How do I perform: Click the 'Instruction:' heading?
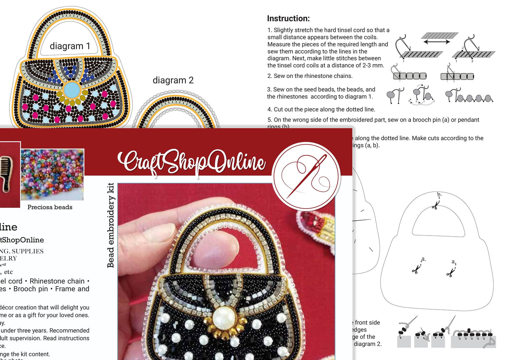point(288,19)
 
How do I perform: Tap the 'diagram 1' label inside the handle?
point(70,46)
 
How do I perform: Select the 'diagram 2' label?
point(173,80)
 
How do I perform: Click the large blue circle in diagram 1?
point(72,90)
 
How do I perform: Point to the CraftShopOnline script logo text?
point(192,162)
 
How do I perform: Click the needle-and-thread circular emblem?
point(306,176)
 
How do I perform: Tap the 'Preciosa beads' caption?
point(50,207)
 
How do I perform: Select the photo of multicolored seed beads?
point(52,174)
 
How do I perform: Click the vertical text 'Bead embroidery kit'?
point(111,225)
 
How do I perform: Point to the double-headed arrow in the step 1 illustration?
point(436,42)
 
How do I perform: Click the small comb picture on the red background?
point(5,174)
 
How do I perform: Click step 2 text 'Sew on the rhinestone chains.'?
point(313,76)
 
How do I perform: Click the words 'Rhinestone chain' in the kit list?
point(57,281)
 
